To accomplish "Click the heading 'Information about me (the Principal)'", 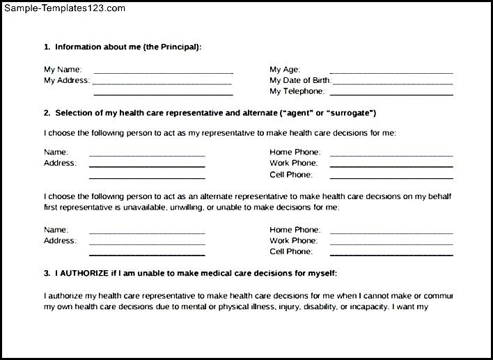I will (128, 47).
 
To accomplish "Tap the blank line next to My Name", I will (163, 72).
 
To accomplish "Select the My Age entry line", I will (391, 72).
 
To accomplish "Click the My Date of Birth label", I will (300, 81).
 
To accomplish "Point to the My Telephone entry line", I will (391, 93).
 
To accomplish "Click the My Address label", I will (67, 81).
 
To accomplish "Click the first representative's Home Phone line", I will (391, 155).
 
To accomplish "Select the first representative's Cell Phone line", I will (391, 177).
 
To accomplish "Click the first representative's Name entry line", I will (147, 155).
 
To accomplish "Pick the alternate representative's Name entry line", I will (147, 232).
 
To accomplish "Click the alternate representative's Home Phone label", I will (295, 230).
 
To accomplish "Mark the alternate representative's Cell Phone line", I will (391, 254).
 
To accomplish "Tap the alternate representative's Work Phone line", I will (391, 243).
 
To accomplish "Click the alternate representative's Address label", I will (60, 241).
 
